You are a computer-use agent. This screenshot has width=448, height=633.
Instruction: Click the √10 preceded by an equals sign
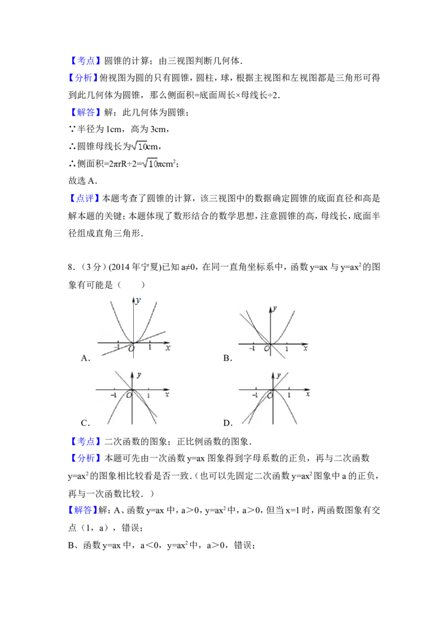[x=150, y=163]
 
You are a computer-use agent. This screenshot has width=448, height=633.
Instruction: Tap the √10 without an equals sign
[x=139, y=146]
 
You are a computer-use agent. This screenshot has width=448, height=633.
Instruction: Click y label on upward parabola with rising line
[x=138, y=300]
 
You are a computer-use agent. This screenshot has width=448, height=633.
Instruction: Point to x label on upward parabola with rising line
[x=167, y=348]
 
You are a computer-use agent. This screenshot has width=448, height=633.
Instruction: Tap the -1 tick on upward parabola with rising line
[x=118, y=347]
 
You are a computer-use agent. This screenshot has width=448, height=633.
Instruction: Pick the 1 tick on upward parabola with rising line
[x=150, y=347]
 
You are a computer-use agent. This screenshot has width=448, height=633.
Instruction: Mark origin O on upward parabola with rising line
[x=131, y=349]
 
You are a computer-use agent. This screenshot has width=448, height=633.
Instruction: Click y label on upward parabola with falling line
[x=276, y=309]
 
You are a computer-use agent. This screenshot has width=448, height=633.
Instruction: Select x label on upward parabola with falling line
[x=305, y=348]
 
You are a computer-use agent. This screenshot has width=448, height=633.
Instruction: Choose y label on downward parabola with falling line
[x=138, y=374]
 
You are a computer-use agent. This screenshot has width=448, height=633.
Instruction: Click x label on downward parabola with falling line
[x=167, y=394]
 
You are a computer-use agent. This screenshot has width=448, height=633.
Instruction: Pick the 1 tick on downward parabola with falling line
[x=148, y=395]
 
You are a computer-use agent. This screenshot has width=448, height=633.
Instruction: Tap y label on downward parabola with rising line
[x=278, y=378]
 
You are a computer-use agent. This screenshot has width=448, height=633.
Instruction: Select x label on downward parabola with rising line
[x=307, y=395]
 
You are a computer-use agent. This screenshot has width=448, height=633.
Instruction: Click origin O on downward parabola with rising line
[x=270, y=395]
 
